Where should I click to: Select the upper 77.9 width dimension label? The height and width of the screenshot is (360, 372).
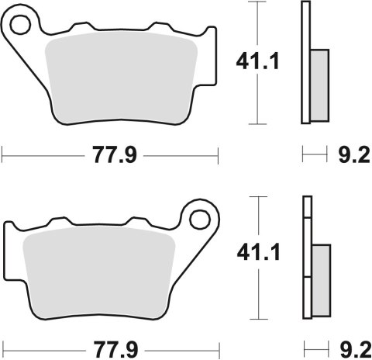tap(111, 155)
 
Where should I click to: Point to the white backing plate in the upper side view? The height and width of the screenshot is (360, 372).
tap(305, 62)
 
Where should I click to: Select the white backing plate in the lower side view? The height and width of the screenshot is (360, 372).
tap(305, 256)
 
